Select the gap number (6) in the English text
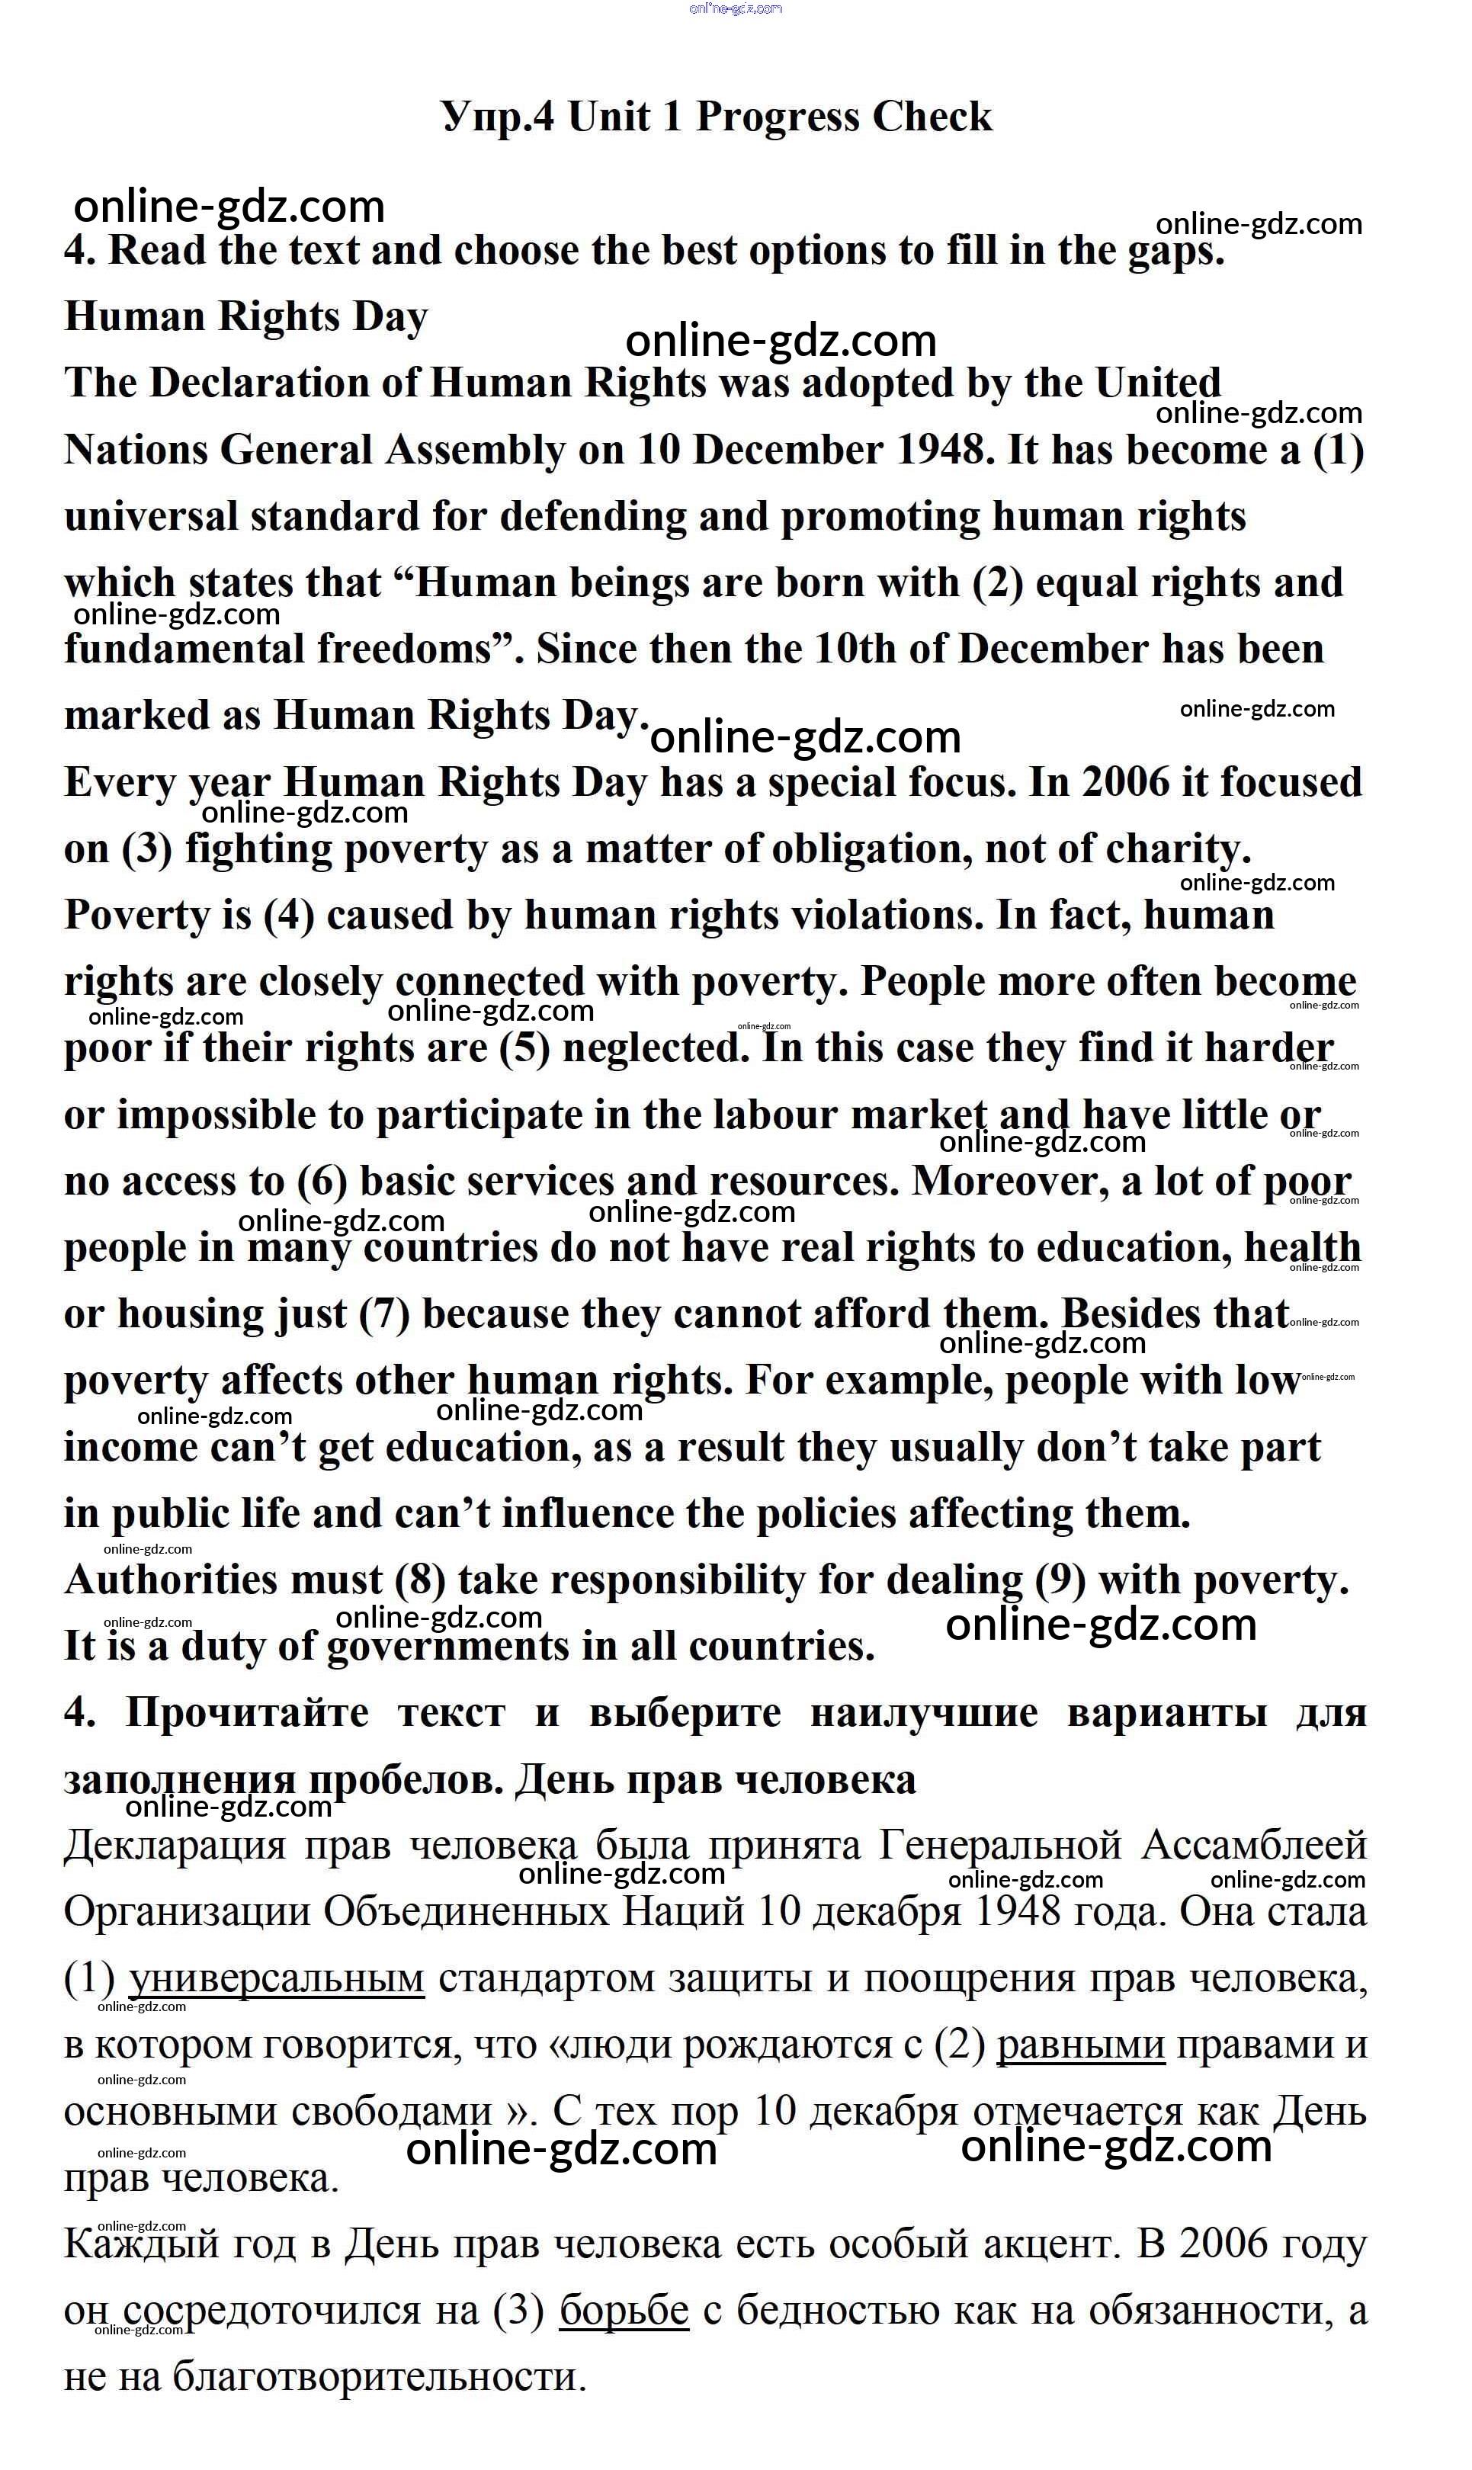coord(322,1182)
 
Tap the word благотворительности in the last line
coord(379,2378)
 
